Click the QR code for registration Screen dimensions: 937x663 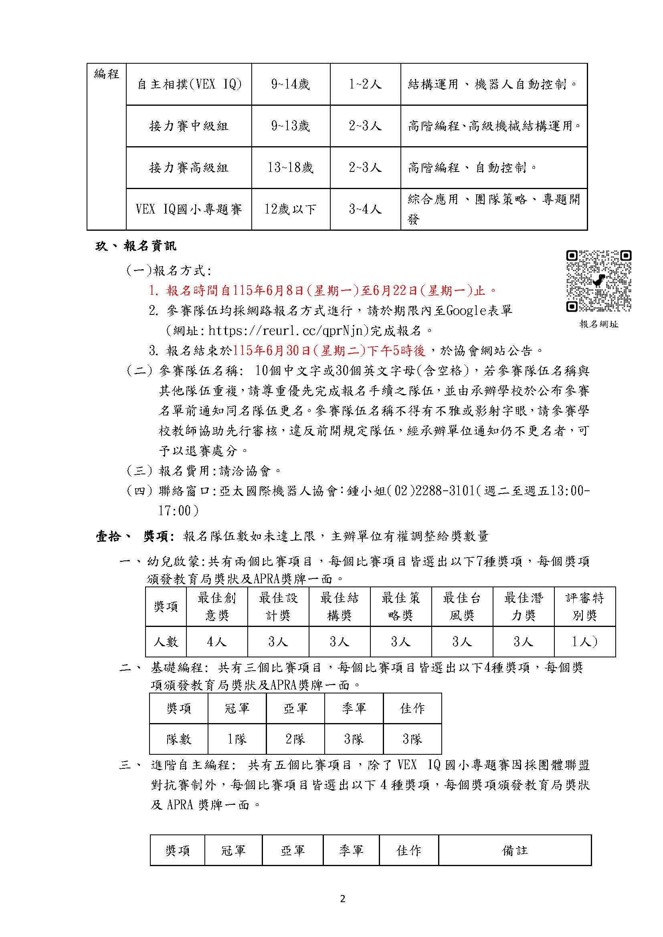pos(598,281)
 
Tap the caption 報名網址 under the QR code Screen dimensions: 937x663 pos(598,324)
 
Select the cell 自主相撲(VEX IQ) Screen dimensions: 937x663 pos(189,85)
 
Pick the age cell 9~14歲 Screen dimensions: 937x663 pos(290,85)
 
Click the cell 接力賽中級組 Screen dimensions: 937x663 pos(189,126)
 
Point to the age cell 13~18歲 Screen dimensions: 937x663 pos(290,168)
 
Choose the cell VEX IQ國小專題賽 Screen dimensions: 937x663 pos(189,210)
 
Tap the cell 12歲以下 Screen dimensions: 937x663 pos(290,210)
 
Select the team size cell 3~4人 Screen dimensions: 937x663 pos(365,210)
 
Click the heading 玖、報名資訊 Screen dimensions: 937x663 pos(136,246)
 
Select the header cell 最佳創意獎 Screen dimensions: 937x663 pos(217,607)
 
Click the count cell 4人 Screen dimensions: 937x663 pos(217,642)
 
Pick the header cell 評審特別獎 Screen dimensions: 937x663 pos(584,607)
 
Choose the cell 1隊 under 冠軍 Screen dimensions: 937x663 pos(237,739)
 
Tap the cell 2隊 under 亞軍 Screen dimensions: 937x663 pos(295,739)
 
